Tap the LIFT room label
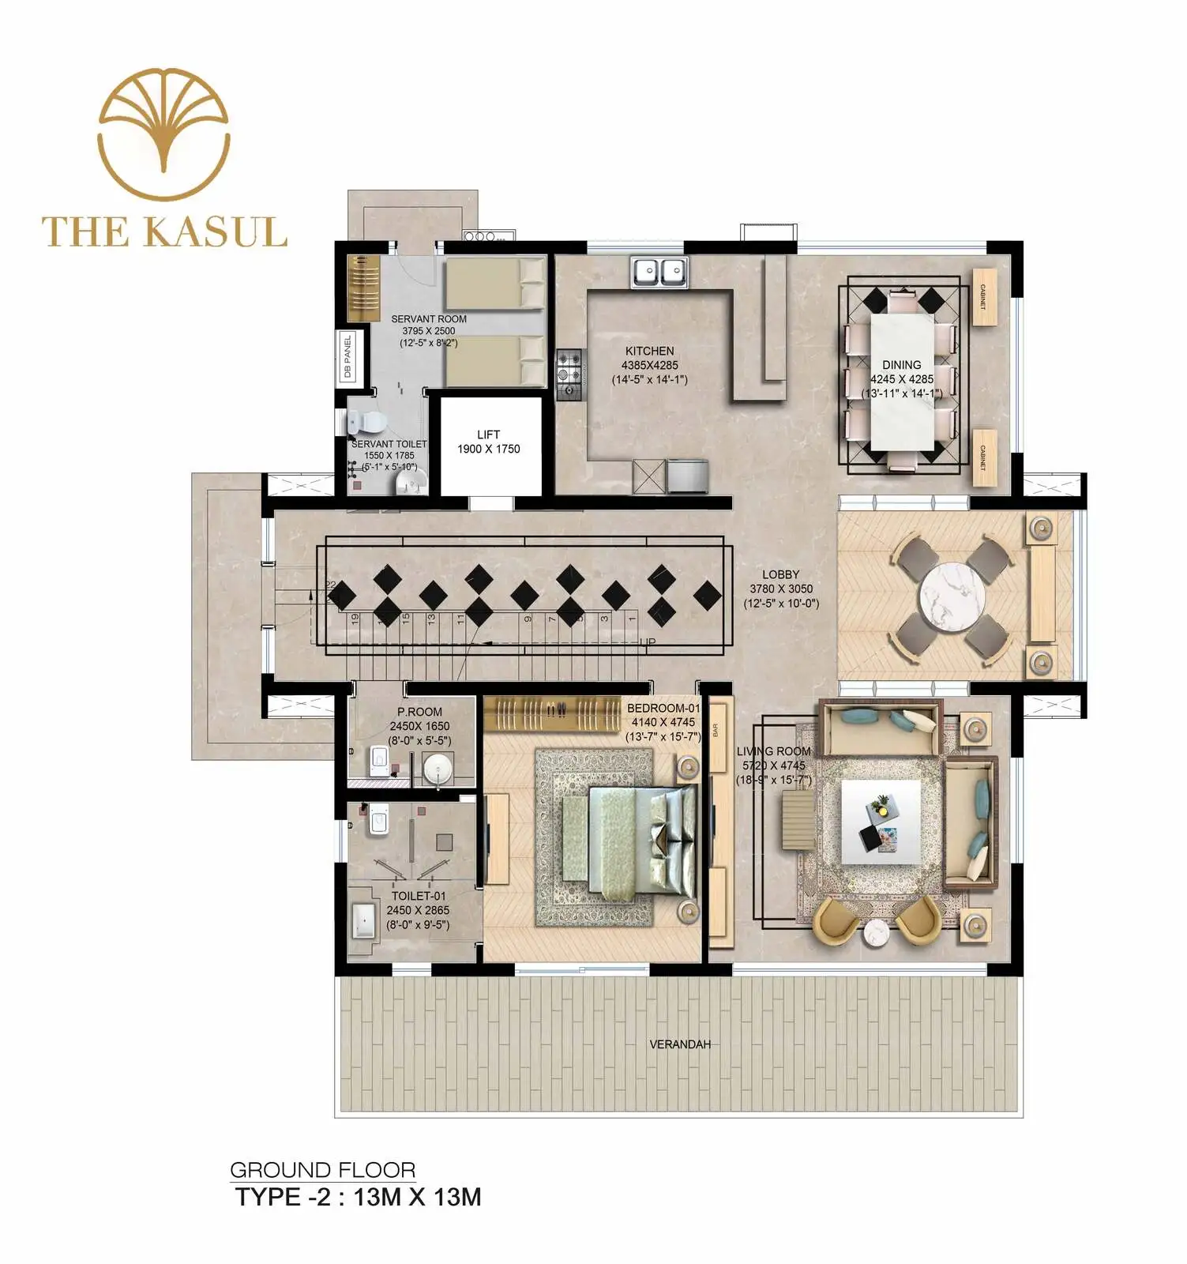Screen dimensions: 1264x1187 point(488,434)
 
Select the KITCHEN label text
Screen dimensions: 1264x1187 point(649,351)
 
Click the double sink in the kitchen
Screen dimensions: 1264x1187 point(659,273)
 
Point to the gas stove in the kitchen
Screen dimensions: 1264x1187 point(569,374)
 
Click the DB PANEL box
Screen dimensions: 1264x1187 point(347,356)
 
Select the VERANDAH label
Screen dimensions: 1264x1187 point(680,1044)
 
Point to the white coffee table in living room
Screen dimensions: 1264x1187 point(881,822)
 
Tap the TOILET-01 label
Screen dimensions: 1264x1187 point(419,896)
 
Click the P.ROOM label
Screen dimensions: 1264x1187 point(419,712)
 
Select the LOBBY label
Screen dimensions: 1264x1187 point(780,574)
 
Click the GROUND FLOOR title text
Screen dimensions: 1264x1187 point(322,1170)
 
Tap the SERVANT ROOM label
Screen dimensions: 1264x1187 point(429,319)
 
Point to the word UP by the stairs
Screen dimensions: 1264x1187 point(647,642)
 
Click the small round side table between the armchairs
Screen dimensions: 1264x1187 point(877,933)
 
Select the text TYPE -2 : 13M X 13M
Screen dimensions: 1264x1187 point(358,1197)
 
